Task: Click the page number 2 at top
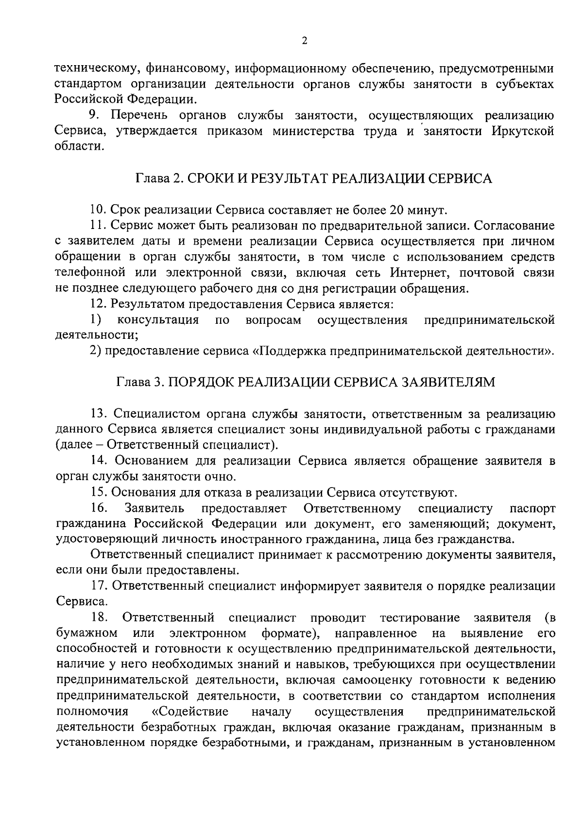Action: [x=305, y=41]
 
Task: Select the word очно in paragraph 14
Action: [x=221, y=477]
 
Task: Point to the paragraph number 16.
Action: [x=99, y=509]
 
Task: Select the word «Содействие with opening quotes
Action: [x=190, y=712]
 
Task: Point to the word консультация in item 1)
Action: [x=158, y=320]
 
